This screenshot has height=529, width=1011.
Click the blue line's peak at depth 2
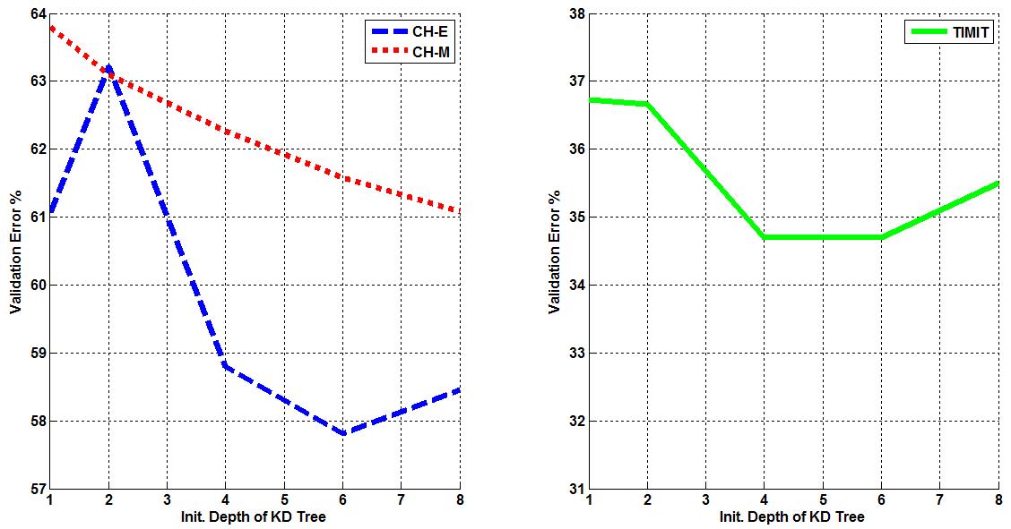point(108,66)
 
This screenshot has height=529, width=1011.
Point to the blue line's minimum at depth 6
point(342,433)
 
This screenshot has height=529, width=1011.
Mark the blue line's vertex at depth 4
point(226,365)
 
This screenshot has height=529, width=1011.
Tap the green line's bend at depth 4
point(764,237)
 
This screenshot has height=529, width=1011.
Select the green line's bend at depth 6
point(881,237)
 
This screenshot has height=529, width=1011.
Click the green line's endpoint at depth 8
point(998,183)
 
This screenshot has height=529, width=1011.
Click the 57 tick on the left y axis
point(36,489)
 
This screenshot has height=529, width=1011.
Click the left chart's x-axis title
point(255,516)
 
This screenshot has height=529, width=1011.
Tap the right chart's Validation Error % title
point(554,252)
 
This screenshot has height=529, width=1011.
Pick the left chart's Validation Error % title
point(15,252)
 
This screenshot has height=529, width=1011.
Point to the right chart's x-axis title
point(792,516)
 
